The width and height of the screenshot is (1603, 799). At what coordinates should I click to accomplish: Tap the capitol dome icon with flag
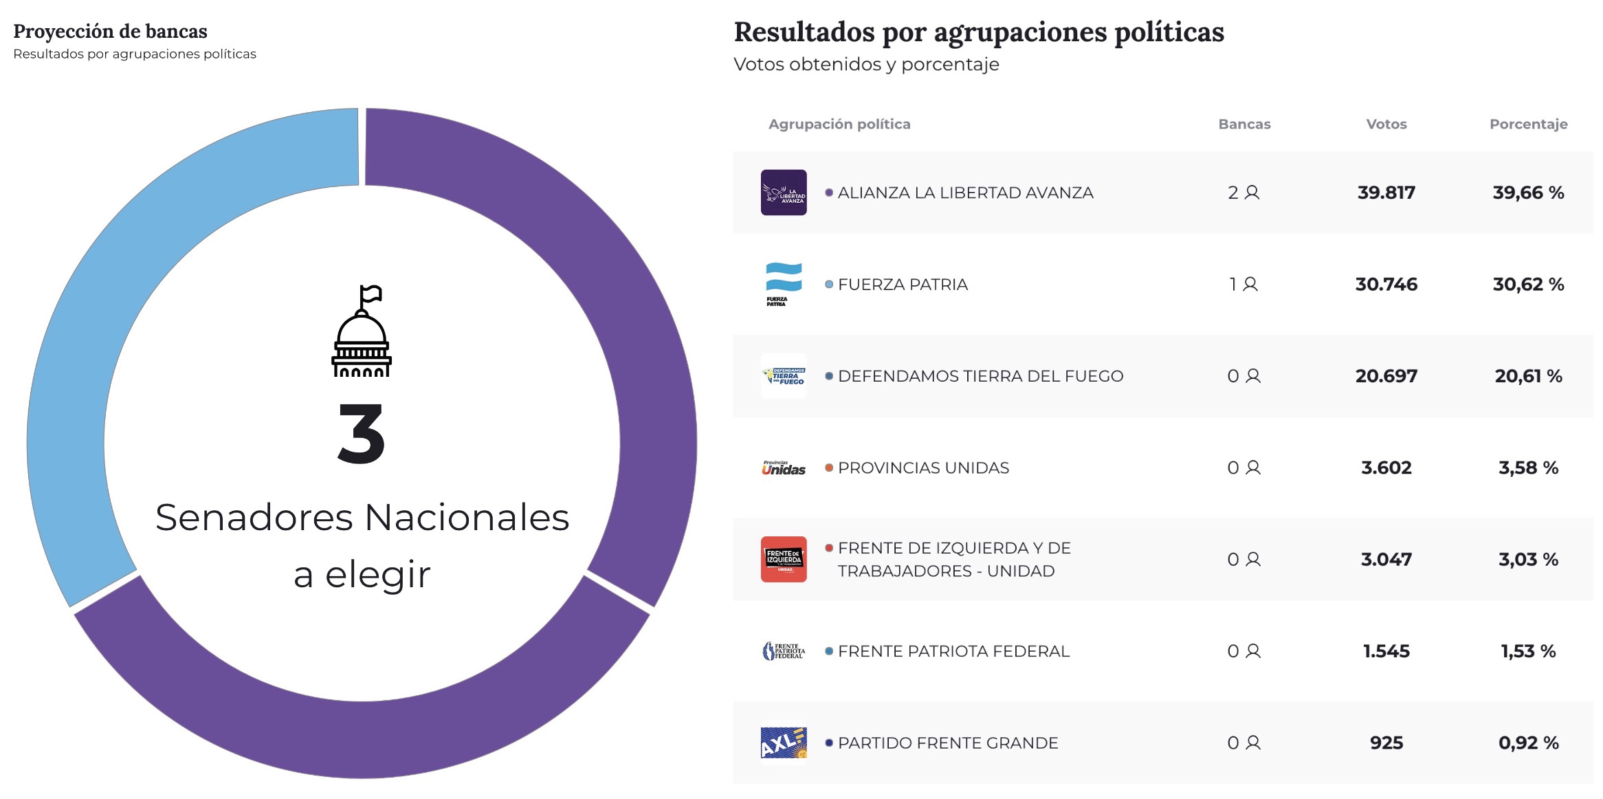(362, 331)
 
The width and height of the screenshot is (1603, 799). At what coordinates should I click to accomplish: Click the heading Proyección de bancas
(110, 32)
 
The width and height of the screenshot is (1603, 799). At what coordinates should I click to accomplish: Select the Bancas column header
(1244, 124)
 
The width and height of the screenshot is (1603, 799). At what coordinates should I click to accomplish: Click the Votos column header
(1386, 124)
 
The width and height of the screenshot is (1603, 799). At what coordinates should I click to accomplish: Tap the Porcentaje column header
(1528, 124)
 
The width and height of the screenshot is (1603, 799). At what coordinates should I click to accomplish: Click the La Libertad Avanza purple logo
(784, 193)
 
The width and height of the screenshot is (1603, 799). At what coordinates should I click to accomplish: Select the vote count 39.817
(1386, 193)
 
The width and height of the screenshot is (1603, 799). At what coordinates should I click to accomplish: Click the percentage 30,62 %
(1528, 284)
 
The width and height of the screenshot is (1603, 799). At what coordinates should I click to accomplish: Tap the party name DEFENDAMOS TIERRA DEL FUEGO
(980, 376)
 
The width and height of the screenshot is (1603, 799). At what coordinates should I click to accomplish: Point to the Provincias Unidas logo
(784, 468)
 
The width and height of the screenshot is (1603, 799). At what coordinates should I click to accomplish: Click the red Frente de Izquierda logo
(784, 560)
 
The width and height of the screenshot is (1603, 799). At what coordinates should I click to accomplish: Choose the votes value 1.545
(1386, 651)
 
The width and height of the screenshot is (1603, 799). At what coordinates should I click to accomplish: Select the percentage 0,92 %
(1528, 743)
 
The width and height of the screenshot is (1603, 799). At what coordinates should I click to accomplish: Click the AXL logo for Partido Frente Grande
(784, 743)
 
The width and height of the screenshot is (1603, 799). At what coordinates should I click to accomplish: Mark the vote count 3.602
(1386, 468)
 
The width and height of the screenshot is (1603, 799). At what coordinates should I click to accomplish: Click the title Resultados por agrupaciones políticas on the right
(979, 32)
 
